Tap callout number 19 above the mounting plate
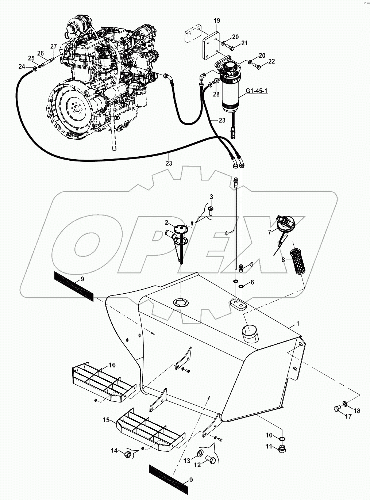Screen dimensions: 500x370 pos(217,21)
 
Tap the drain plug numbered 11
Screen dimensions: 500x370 pos(282,449)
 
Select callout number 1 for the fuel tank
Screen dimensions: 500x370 pos(297,324)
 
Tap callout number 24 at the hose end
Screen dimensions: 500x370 pos(22,66)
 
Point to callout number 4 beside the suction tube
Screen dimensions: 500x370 pos(226,233)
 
